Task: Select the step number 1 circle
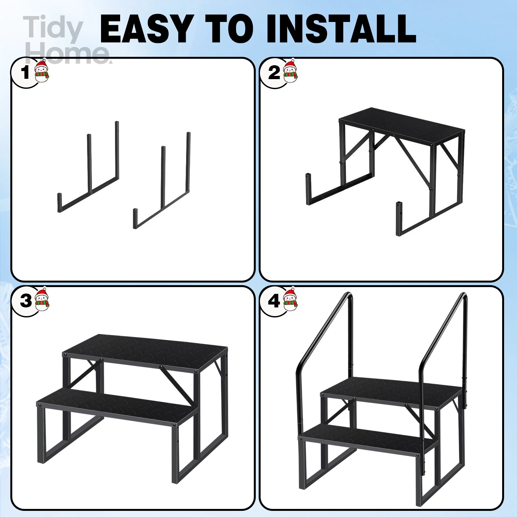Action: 25,73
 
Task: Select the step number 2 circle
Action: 274,73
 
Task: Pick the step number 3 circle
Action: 25,301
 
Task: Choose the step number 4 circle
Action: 274,301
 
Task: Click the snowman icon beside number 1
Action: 42,70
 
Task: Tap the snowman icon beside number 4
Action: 290,299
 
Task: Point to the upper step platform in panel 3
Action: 145,350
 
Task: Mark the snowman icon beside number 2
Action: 290,70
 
